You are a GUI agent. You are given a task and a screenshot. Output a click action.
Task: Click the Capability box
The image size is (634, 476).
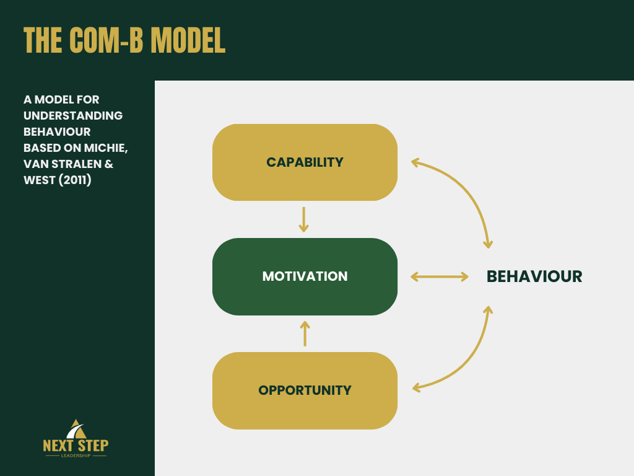point(305,162)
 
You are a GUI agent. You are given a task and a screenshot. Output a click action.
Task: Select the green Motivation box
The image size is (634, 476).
point(305,276)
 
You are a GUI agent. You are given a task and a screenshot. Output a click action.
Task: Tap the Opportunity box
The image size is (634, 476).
point(305,390)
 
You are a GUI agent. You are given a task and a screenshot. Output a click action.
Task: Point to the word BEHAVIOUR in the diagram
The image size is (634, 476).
point(534,276)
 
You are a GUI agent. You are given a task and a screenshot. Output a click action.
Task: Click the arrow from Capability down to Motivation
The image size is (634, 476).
point(303,219)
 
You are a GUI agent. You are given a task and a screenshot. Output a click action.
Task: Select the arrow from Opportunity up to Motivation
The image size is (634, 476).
point(305,333)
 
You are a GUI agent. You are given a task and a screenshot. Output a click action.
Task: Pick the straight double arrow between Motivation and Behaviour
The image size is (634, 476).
point(440,276)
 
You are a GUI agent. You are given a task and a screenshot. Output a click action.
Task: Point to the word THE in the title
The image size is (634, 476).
point(43,40)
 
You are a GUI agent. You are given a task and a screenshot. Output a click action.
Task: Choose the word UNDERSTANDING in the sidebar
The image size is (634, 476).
point(73,116)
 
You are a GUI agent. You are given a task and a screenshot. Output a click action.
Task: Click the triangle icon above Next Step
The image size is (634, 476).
point(76,428)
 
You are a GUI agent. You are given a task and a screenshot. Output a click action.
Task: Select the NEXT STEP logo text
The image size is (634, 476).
point(76,445)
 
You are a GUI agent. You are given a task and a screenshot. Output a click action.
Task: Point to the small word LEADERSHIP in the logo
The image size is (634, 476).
point(76,456)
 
